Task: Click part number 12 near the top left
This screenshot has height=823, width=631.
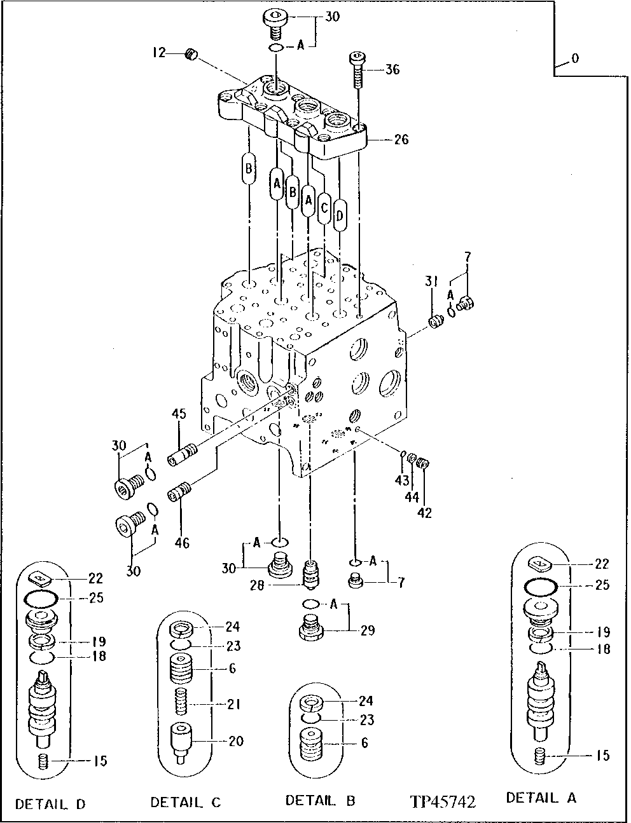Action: click(158, 54)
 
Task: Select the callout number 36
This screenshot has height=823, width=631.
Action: click(392, 69)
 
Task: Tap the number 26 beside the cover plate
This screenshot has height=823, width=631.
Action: click(401, 139)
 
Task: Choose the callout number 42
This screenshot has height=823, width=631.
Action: click(424, 512)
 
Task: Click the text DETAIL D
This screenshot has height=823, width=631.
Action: click(50, 804)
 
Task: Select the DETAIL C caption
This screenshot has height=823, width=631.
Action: click(186, 803)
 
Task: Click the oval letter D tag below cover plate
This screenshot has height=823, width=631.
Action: click(340, 216)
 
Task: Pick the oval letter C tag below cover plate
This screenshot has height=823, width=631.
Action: click(324, 208)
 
